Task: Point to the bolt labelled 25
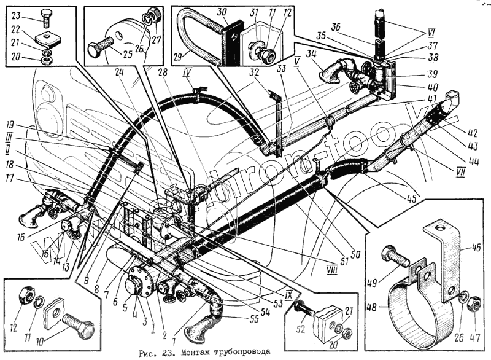[101, 50]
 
